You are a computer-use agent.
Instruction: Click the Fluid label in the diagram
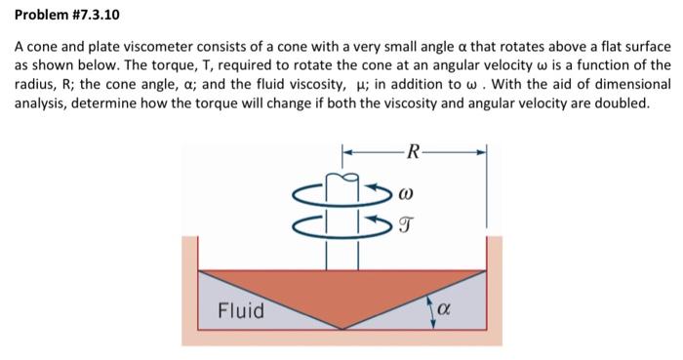240,310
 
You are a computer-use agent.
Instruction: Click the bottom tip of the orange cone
341,329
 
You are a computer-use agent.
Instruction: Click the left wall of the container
189,293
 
